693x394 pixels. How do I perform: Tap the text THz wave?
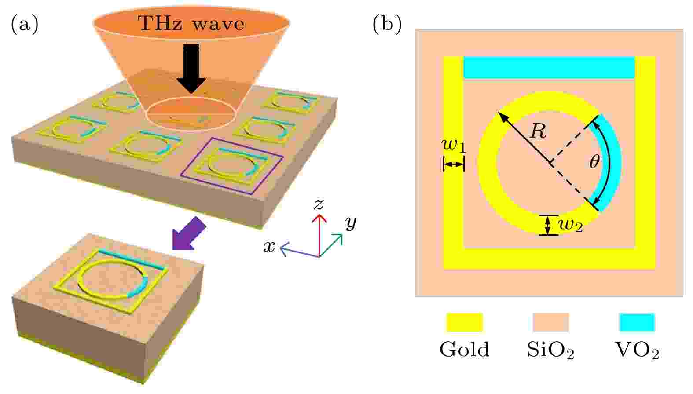pyautogui.click(x=191, y=23)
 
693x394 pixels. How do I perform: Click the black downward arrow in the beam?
pyautogui.click(x=191, y=68)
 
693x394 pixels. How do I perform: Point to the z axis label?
pyautogui.click(x=319, y=204)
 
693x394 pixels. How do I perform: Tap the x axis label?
pyautogui.click(x=269, y=247)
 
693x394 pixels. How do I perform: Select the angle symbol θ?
pyautogui.click(x=594, y=161)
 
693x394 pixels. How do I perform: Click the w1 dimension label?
pyautogui.click(x=454, y=146)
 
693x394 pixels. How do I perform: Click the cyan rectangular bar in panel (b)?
pyautogui.click(x=549, y=67)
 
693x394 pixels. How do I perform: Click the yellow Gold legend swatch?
pyautogui.click(x=464, y=322)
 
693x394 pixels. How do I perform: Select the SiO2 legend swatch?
pyautogui.click(x=551, y=322)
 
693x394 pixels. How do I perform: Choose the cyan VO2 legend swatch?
pyautogui.click(x=637, y=322)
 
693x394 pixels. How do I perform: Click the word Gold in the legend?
pyautogui.click(x=464, y=350)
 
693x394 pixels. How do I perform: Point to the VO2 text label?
pyautogui.click(x=637, y=350)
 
